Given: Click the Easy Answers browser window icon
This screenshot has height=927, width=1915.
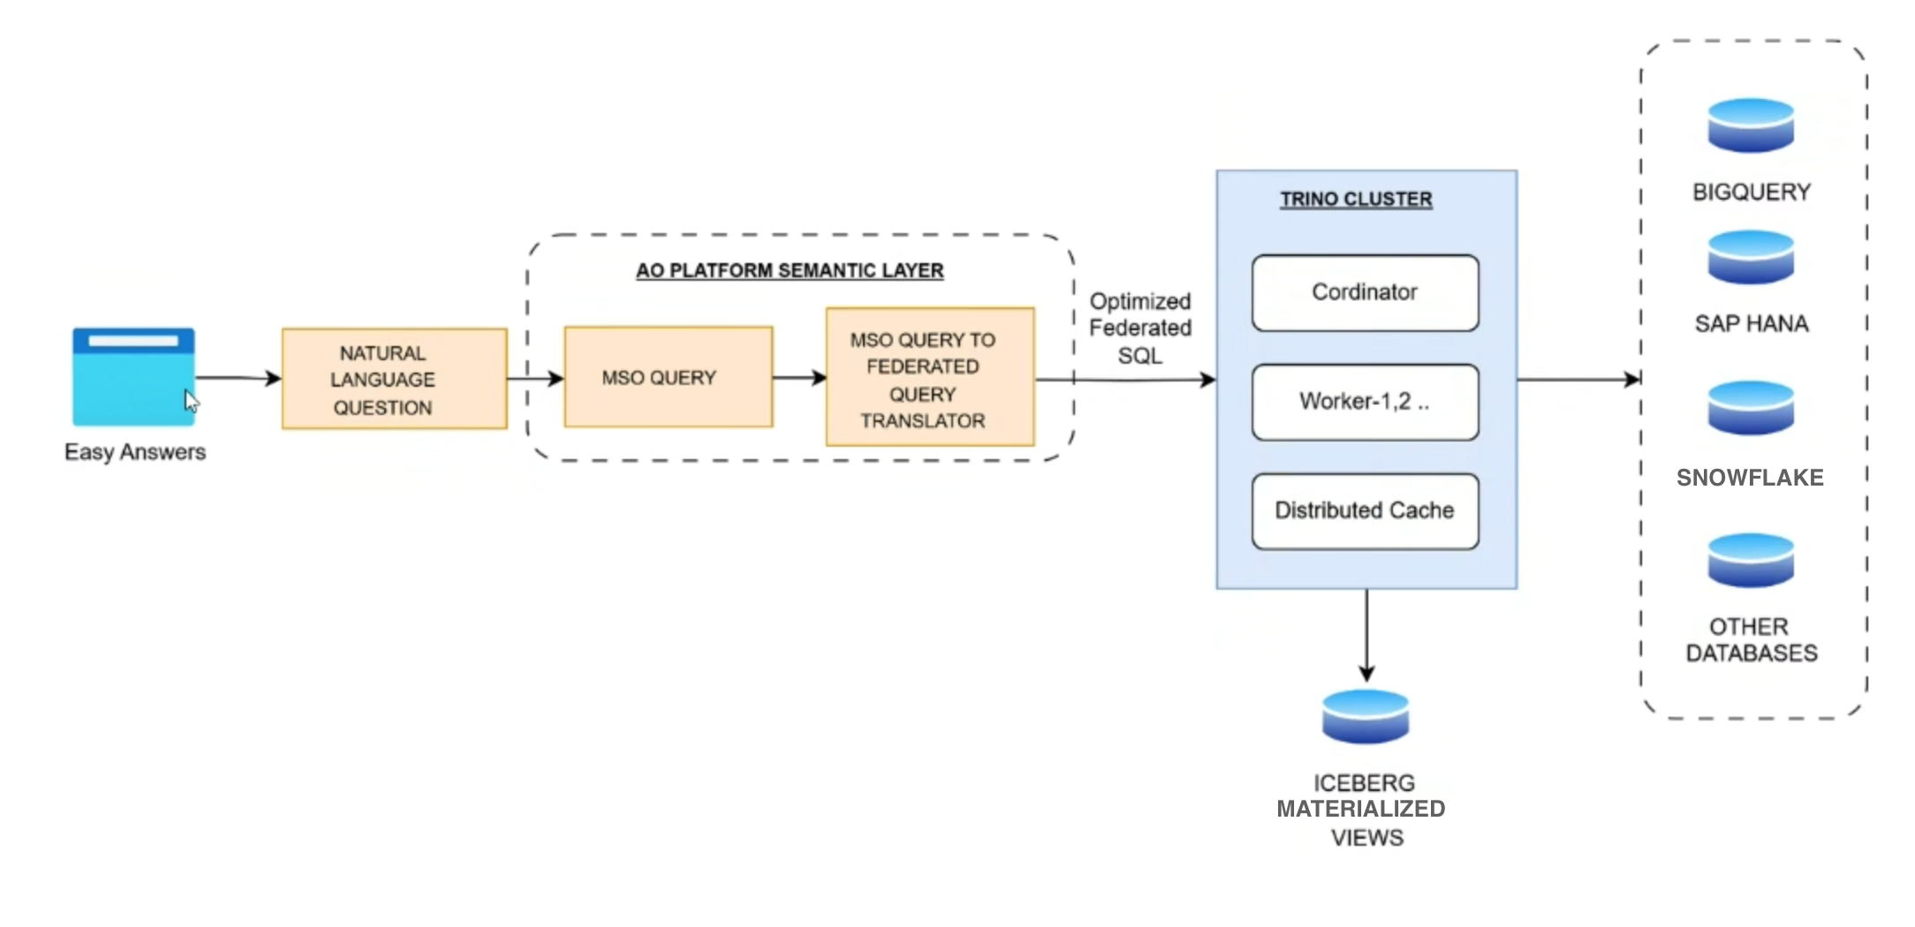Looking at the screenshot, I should [x=132, y=376].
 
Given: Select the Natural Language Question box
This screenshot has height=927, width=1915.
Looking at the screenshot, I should [x=394, y=379].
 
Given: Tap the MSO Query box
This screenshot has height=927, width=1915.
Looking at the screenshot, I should [x=668, y=377].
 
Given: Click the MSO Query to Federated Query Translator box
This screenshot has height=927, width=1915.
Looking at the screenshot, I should [x=929, y=377].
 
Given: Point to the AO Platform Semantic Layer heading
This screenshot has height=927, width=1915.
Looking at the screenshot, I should [x=790, y=270].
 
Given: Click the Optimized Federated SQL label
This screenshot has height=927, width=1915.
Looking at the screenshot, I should [x=1139, y=328].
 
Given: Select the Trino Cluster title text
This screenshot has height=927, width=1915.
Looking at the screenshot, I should [x=1356, y=200].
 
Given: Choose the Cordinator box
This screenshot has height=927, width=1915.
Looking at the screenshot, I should [x=1365, y=293].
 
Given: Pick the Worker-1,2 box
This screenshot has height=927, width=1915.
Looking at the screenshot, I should [x=1365, y=402].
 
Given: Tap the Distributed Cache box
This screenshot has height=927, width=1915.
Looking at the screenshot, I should [x=1365, y=511].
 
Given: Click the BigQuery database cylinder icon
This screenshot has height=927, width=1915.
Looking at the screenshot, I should [x=1751, y=125].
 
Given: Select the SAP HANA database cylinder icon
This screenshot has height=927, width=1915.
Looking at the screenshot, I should [x=1751, y=257].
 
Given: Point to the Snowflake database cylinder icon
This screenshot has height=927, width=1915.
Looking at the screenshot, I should [x=1751, y=408].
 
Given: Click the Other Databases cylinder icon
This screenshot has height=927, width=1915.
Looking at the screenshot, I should [x=1751, y=561].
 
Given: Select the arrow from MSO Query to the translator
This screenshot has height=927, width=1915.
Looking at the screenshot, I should [x=799, y=378].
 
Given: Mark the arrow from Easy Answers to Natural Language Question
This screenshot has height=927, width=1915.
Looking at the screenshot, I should [x=237, y=378].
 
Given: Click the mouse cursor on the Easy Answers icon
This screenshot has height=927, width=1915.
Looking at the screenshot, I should [x=191, y=401].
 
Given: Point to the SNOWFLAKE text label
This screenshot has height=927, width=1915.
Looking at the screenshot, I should [x=1750, y=478].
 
